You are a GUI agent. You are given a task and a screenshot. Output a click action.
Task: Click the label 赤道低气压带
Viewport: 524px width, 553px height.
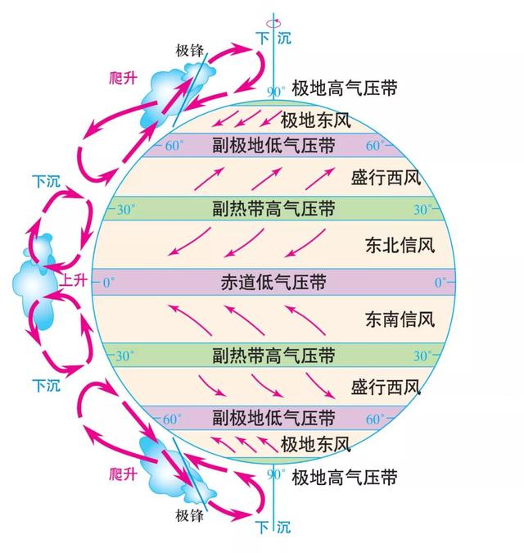(x=273, y=282)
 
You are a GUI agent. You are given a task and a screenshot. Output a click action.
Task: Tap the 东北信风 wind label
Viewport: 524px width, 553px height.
(x=400, y=245)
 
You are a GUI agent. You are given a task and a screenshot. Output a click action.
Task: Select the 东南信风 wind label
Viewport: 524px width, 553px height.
(x=400, y=320)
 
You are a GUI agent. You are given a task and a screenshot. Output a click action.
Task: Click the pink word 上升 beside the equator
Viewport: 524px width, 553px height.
(x=74, y=280)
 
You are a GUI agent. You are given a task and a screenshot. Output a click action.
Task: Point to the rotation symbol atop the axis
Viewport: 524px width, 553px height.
(x=273, y=23)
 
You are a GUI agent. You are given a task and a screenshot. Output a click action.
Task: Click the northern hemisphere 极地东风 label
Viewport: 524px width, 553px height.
(x=316, y=120)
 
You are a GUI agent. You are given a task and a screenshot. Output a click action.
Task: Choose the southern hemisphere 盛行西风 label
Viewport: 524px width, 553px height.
(x=386, y=388)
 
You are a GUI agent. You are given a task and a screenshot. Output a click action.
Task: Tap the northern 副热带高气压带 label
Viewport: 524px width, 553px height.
(x=273, y=208)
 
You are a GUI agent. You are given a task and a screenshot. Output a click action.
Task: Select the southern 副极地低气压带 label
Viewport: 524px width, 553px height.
(x=273, y=418)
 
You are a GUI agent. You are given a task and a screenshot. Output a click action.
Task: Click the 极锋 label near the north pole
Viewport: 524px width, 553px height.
(x=190, y=51)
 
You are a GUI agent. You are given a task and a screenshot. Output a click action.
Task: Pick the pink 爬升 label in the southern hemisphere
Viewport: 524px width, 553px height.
(x=123, y=474)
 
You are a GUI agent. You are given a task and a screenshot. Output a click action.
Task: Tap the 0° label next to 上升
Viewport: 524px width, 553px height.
(x=109, y=283)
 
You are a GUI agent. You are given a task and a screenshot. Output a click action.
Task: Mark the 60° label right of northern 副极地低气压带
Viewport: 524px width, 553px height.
(x=375, y=145)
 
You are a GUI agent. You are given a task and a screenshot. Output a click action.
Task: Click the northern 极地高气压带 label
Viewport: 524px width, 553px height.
(x=345, y=88)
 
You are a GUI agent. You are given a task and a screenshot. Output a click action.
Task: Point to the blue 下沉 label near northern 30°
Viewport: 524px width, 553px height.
(x=46, y=181)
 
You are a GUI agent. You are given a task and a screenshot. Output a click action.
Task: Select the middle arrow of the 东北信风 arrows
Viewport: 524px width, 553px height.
(x=244, y=243)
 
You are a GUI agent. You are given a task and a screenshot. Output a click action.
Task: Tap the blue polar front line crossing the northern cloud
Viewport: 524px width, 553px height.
(x=190, y=90)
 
